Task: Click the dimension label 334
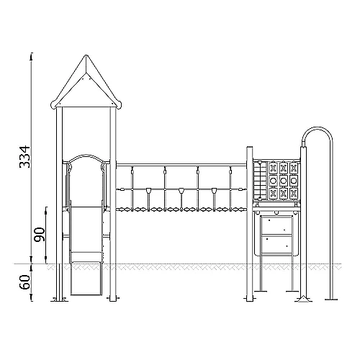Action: (25, 156)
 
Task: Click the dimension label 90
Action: (39, 235)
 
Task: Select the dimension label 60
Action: (25, 282)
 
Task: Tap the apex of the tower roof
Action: (86, 55)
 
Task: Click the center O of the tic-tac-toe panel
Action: (284, 180)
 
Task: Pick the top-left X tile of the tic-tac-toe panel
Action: (273, 168)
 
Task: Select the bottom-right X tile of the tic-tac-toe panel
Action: (294, 193)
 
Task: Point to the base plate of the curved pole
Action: (331, 300)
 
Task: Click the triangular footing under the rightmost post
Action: (304, 299)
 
